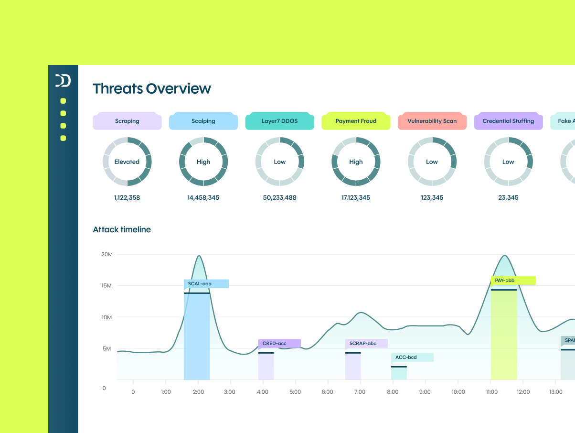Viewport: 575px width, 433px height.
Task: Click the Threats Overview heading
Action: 152,89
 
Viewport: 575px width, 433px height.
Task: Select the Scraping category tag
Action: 127,121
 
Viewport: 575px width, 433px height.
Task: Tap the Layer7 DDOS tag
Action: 279,121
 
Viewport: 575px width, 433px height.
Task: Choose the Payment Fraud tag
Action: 356,121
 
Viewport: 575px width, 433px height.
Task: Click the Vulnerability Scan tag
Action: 432,121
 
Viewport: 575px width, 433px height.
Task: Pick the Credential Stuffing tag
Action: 508,121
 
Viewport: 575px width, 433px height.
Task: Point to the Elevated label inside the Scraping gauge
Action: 127,162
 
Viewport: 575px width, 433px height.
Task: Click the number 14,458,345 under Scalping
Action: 203,197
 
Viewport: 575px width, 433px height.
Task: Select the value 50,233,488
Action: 279,197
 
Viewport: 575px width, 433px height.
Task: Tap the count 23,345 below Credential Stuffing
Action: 508,197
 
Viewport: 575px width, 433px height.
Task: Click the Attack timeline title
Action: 122,230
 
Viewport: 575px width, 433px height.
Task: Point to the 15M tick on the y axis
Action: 106,286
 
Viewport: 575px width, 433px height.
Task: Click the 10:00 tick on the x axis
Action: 458,392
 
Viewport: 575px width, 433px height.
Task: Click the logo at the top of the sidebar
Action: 63,81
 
